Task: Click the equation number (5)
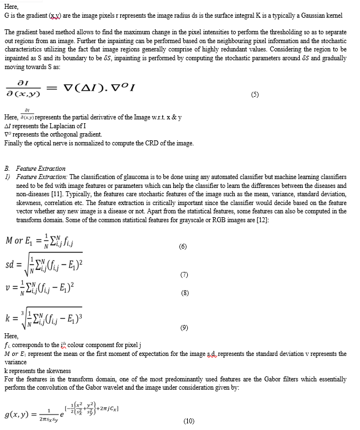pos(255,95)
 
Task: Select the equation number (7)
pos(184,275)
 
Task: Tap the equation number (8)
pos(185,293)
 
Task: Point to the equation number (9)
pos(184,327)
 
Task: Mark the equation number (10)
pos(189,421)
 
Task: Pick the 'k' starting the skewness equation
pos(7,320)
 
